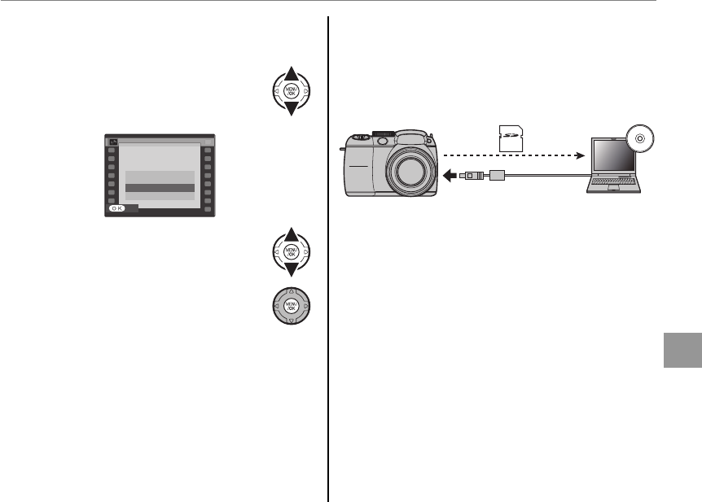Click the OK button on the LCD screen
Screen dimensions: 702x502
point(119,208)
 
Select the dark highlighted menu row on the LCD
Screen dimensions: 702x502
point(160,188)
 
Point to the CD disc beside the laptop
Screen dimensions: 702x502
point(640,139)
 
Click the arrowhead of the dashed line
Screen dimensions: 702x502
point(581,153)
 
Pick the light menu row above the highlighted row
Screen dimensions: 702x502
point(160,176)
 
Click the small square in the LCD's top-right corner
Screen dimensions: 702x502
point(208,142)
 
